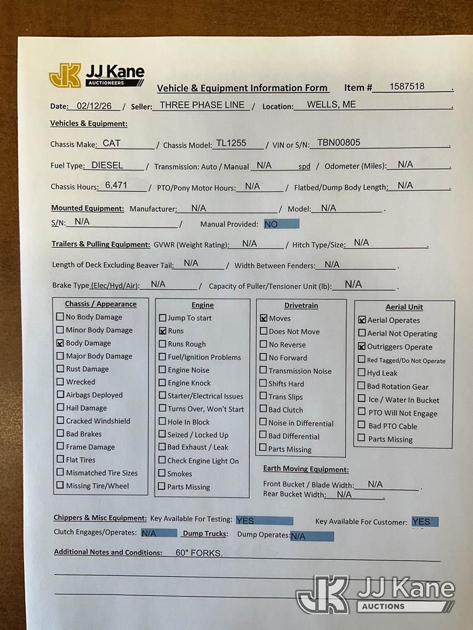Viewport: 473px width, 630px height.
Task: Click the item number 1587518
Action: point(407,87)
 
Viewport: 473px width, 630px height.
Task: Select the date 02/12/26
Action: point(94,106)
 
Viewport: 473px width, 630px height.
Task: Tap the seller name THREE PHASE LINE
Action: point(202,105)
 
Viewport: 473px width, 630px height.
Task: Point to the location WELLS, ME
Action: point(331,104)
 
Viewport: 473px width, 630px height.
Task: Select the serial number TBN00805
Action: point(338,142)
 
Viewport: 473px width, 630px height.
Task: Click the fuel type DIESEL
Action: point(107,165)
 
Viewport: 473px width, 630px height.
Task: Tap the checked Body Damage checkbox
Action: point(60,343)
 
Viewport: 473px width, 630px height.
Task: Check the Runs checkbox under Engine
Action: point(162,331)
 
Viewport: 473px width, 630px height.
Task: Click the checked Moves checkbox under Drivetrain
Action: point(264,318)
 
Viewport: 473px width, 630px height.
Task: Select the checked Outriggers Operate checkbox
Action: point(362,346)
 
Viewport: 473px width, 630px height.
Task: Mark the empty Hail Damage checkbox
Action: point(60,408)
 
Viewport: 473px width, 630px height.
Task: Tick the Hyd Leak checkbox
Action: point(362,373)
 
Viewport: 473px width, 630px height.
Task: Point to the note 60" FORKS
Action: point(199,553)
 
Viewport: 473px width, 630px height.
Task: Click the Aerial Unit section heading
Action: point(404,307)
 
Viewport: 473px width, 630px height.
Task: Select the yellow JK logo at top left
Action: point(65,76)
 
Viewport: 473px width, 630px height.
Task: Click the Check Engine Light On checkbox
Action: point(162,460)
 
